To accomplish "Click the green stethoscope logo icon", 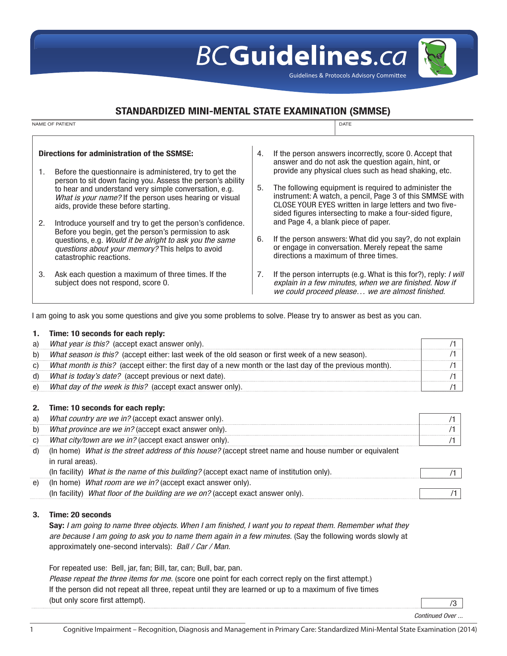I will [x=437, y=58].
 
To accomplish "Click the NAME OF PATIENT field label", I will [x=54, y=124].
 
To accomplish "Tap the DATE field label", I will [x=345, y=124].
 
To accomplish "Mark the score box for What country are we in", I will [x=440, y=419].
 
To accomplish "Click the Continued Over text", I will [x=438, y=616].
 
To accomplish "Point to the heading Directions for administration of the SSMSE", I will [x=116, y=154].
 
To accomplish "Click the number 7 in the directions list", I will [x=260, y=274].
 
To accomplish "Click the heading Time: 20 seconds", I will [x=80, y=515].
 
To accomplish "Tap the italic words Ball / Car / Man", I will [x=203, y=547].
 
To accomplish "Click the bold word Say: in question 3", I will [x=56, y=526].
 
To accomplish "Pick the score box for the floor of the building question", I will [x=440, y=494].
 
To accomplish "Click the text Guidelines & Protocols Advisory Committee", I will [x=348, y=75].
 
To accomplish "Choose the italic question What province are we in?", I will [x=91, y=430].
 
